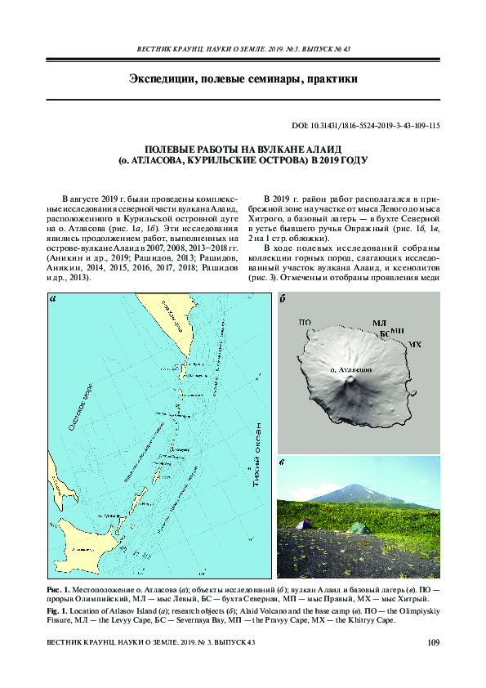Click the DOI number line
[366, 126]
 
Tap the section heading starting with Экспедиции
[243, 79]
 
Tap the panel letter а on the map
[53, 298]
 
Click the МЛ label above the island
[378, 325]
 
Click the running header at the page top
[243, 49]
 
